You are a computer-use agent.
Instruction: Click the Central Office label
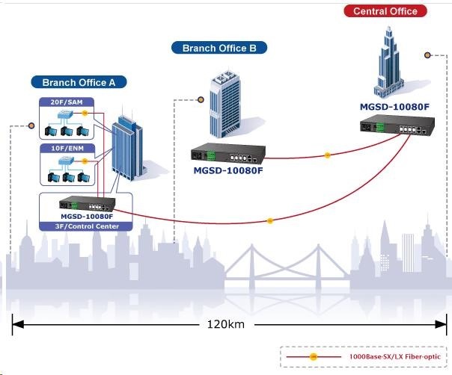tap(385, 11)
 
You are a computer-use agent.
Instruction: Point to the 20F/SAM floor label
tap(64, 101)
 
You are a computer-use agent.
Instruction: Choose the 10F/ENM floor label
tap(64, 149)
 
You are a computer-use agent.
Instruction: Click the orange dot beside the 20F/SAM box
tap(85, 113)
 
